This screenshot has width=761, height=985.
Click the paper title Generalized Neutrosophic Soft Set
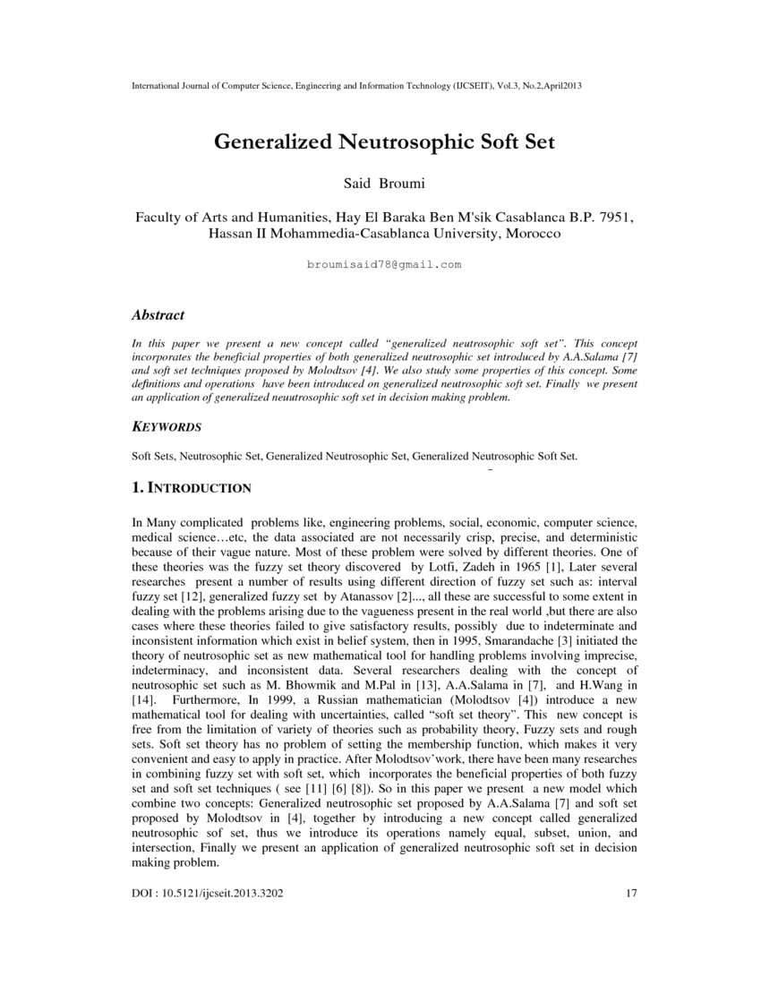click(x=384, y=142)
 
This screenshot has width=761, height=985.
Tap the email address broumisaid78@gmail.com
click(x=383, y=265)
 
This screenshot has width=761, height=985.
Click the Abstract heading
click(x=158, y=315)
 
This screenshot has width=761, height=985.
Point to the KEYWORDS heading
click(x=167, y=426)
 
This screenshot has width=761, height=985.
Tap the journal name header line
click(x=358, y=85)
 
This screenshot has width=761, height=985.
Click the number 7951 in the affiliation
click(x=617, y=217)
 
